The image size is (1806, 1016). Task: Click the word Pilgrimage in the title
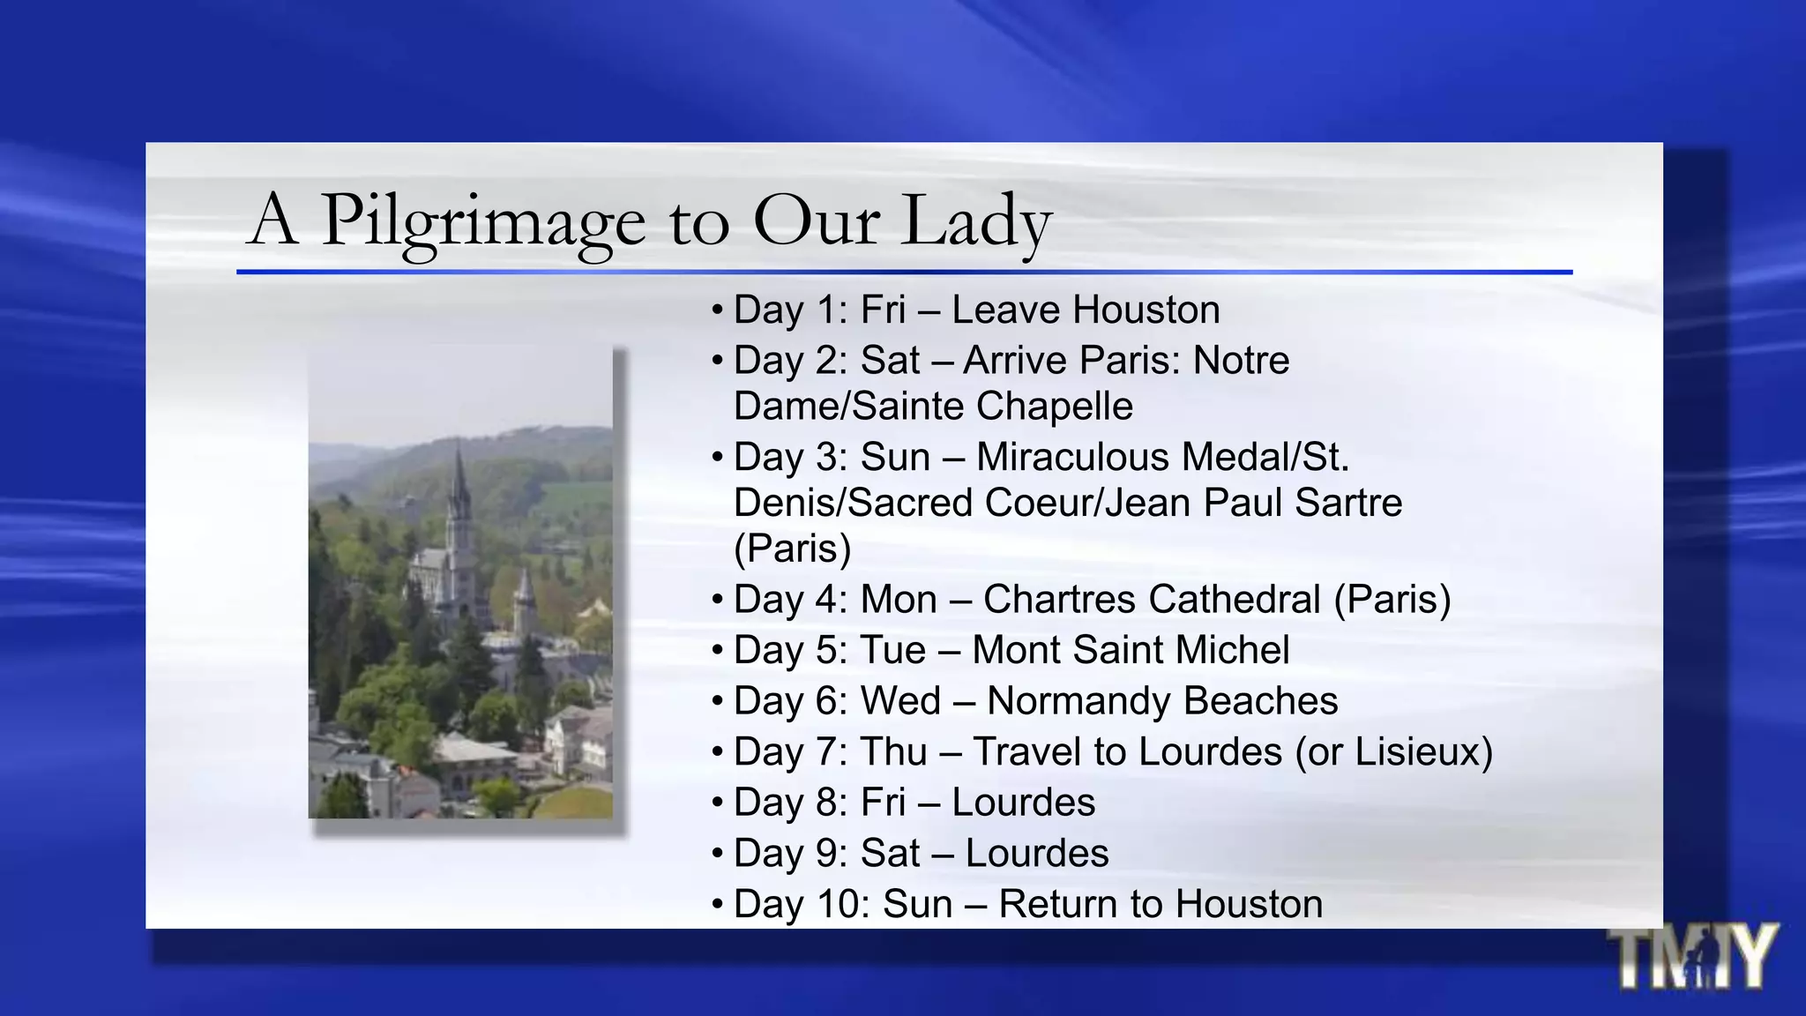coord(482,220)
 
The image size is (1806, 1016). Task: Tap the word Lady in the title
coord(976,220)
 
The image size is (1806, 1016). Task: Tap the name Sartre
coord(1348,503)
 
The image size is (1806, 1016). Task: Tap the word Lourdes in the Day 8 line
coord(1023,803)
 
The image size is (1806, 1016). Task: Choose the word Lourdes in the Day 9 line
coord(1037,853)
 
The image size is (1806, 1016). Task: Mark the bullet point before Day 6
coord(718,702)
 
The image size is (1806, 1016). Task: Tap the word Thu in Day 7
coord(893,751)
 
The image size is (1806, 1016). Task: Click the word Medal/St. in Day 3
coord(1265,457)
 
